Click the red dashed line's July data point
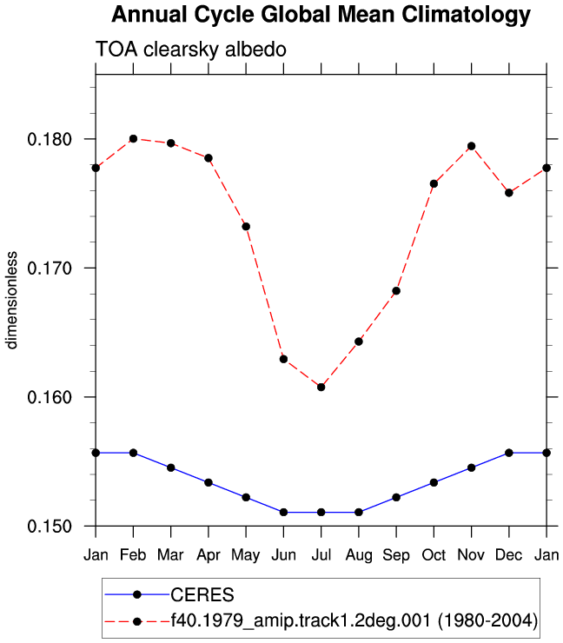point(321,388)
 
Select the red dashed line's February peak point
point(133,139)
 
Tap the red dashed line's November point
point(472,146)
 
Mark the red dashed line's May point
point(246,227)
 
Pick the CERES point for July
point(321,512)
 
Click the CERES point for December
point(509,453)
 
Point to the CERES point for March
point(171,467)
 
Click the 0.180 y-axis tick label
point(50,139)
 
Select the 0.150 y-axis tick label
point(50,527)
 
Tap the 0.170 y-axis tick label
point(50,268)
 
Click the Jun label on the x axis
point(284,555)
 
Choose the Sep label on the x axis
point(396,555)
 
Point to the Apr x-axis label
point(209,555)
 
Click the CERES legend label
point(202,594)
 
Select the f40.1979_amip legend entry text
point(354,620)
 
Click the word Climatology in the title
point(466,15)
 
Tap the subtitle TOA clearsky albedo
point(190,50)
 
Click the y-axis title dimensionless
point(11,300)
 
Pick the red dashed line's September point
point(396,291)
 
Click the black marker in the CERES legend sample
point(137,594)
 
